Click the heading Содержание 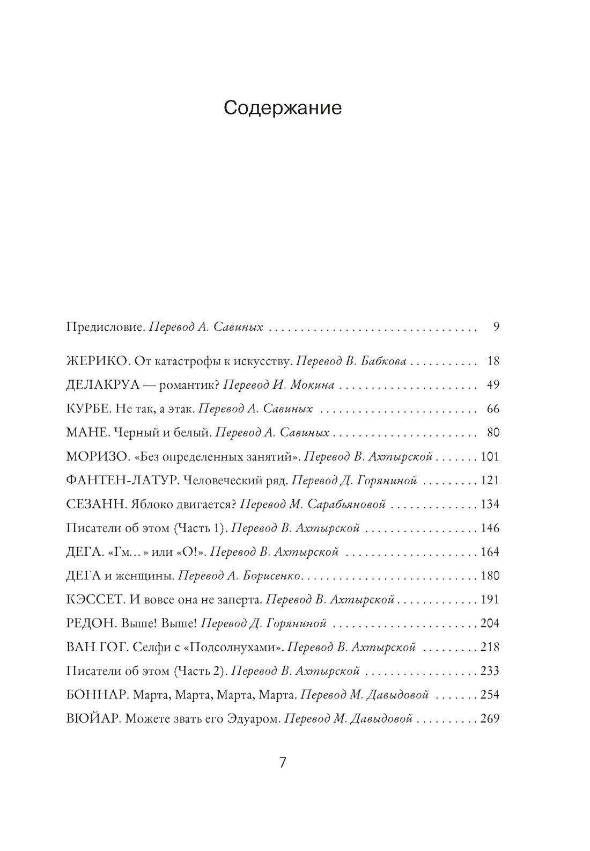(x=283, y=108)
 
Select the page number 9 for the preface (x=496, y=326)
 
